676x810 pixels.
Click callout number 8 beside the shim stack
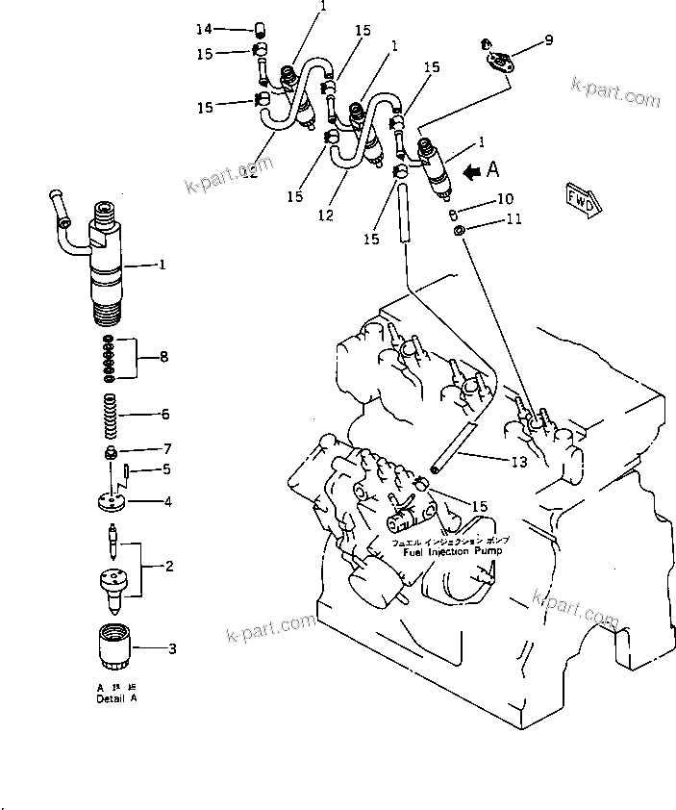[164, 357]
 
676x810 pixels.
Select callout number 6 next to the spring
[165, 415]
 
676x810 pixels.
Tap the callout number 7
[166, 449]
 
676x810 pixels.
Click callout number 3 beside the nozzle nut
[172, 649]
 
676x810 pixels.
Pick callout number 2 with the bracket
[169, 566]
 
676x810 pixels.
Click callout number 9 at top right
[548, 39]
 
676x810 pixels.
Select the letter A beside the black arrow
[493, 170]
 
